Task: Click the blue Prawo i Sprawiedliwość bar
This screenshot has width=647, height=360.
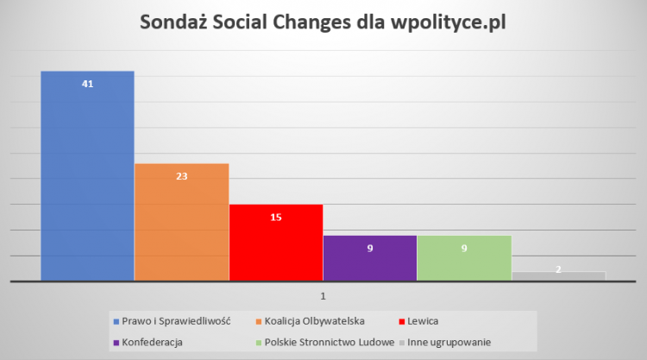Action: point(87,181)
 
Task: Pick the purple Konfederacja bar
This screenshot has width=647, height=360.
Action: point(370,263)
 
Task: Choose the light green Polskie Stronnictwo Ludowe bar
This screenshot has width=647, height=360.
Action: point(464,263)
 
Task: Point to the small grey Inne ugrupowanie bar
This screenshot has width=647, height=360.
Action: point(558,276)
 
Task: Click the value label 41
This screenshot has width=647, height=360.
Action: point(87,84)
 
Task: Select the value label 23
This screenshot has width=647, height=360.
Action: point(181,176)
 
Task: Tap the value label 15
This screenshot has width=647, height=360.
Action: point(276,217)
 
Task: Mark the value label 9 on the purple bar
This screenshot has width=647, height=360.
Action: point(370,249)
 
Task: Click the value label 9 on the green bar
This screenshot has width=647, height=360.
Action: point(464,249)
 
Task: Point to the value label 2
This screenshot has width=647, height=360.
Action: point(558,269)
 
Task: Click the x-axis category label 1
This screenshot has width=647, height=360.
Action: point(323,296)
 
